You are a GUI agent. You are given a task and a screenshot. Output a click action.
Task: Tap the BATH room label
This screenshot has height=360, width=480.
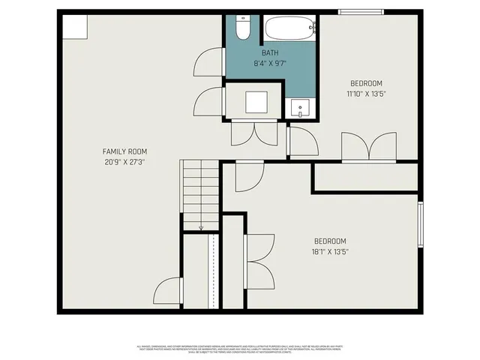click(x=271, y=53)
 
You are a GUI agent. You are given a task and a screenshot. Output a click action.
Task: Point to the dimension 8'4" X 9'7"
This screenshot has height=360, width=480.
click(x=271, y=64)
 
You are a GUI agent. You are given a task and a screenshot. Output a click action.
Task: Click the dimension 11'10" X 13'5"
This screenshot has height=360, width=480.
click(x=367, y=94)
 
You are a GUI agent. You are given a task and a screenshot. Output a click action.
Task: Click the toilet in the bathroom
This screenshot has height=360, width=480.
click(x=243, y=28)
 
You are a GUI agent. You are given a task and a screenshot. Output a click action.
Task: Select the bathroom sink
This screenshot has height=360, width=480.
click(x=301, y=109)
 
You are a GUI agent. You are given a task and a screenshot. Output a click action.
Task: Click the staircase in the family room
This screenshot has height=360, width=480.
click(x=200, y=191)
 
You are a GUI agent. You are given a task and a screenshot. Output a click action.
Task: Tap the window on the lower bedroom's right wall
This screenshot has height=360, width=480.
click(x=420, y=224)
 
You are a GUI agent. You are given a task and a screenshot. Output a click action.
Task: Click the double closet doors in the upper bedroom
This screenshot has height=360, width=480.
click(x=368, y=146)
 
